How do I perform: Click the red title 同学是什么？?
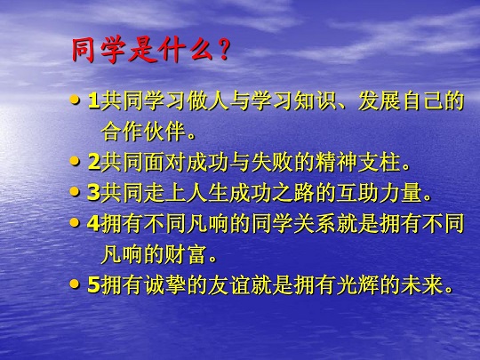click(150, 51)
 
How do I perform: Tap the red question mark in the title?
click(223, 51)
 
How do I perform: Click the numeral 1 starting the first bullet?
click(93, 101)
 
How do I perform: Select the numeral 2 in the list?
click(93, 163)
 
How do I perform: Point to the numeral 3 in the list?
click(93, 193)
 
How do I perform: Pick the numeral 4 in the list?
click(93, 224)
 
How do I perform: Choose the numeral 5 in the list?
click(93, 285)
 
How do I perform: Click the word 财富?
click(185, 255)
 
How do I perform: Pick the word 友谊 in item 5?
click(228, 285)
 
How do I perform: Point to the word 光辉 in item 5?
click(357, 285)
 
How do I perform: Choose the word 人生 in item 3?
click(207, 193)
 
